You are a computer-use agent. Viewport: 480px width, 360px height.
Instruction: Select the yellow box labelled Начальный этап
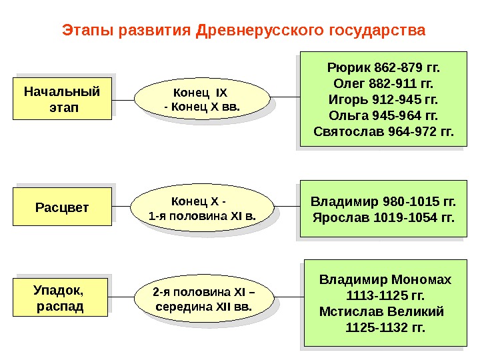[x=62, y=98]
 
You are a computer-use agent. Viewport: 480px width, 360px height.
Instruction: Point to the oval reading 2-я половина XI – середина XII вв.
[x=204, y=300]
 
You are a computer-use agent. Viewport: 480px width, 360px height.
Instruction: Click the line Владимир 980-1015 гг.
[x=383, y=201]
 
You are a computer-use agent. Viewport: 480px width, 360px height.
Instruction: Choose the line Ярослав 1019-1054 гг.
[x=383, y=217]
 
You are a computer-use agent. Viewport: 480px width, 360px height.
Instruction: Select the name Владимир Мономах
[x=385, y=279]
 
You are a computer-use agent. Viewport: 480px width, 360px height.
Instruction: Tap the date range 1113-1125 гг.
[x=385, y=295]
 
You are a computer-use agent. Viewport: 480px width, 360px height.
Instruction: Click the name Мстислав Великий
[x=381, y=311]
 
